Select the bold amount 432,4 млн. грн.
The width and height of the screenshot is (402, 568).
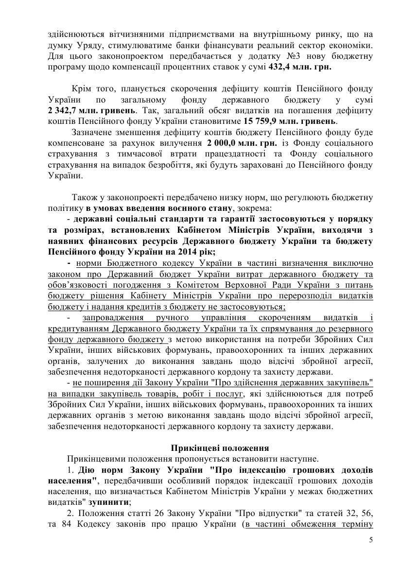tap(300, 67)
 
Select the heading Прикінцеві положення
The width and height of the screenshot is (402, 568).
tap(220, 448)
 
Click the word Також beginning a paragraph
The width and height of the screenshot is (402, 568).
tap(84, 197)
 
